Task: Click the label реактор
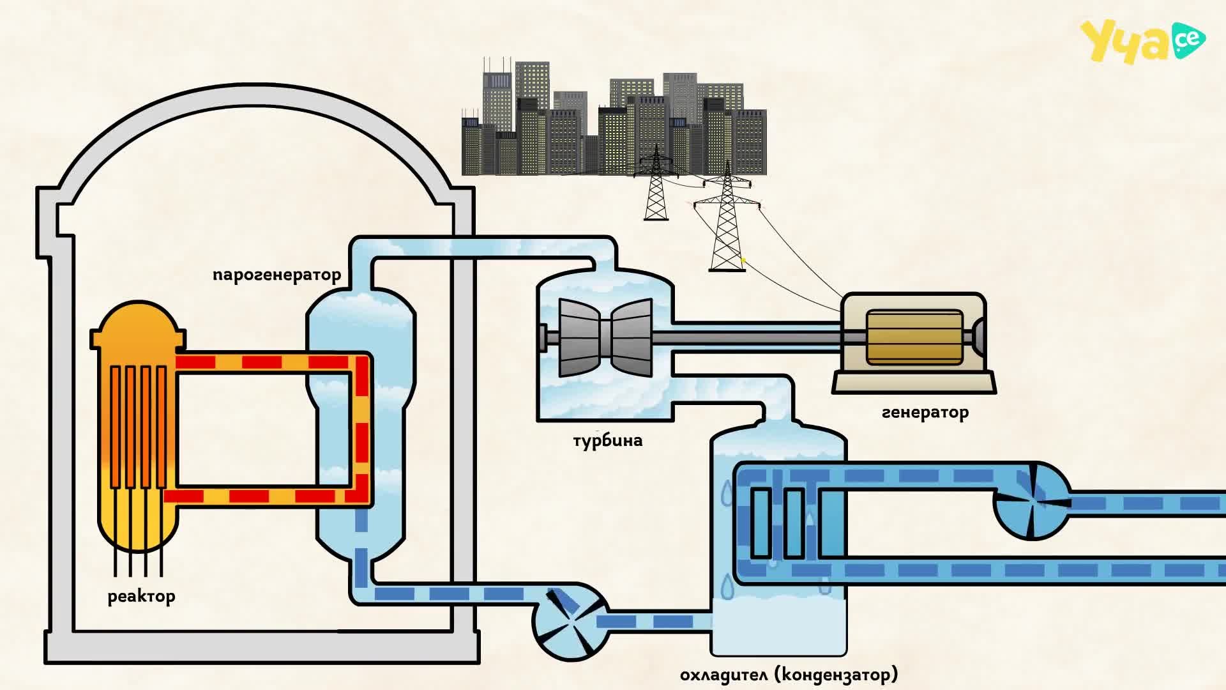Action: click(141, 597)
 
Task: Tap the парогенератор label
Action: click(276, 275)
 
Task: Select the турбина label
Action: click(607, 440)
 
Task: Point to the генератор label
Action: click(925, 413)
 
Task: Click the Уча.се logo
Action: click(1142, 42)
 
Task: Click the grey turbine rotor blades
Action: click(605, 337)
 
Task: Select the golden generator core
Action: click(914, 337)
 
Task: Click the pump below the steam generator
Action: click(570, 623)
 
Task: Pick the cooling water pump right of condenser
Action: click(1032, 502)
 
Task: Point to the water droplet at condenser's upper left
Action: click(727, 493)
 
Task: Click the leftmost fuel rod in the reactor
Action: click(115, 427)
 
